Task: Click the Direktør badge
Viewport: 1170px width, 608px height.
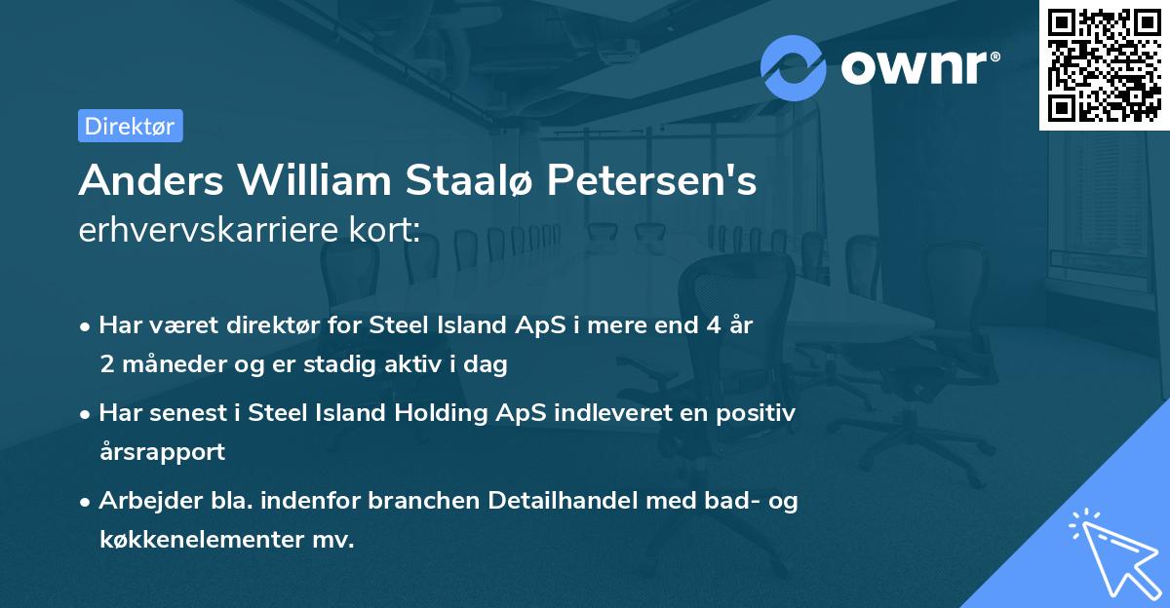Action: [130, 126]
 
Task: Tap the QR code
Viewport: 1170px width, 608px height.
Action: [1104, 64]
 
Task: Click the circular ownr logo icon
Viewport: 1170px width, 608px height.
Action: [794, 68]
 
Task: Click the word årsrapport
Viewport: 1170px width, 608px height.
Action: [162, 452]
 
